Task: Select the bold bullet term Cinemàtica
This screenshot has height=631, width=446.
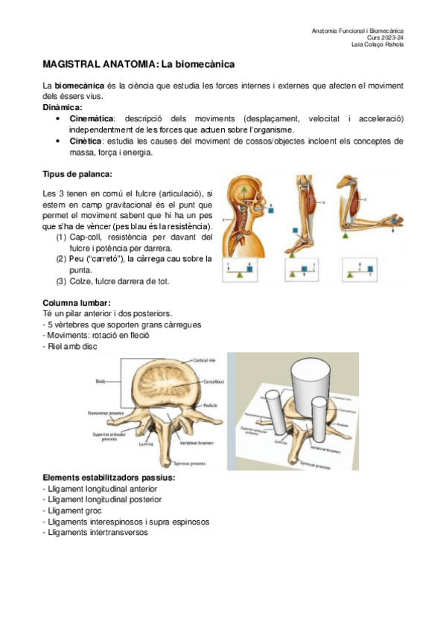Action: [92, 118]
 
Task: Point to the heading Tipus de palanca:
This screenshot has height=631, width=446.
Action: [77, 174]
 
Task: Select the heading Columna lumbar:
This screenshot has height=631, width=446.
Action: [77, 303]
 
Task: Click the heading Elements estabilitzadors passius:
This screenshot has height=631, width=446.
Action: [109, 476]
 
